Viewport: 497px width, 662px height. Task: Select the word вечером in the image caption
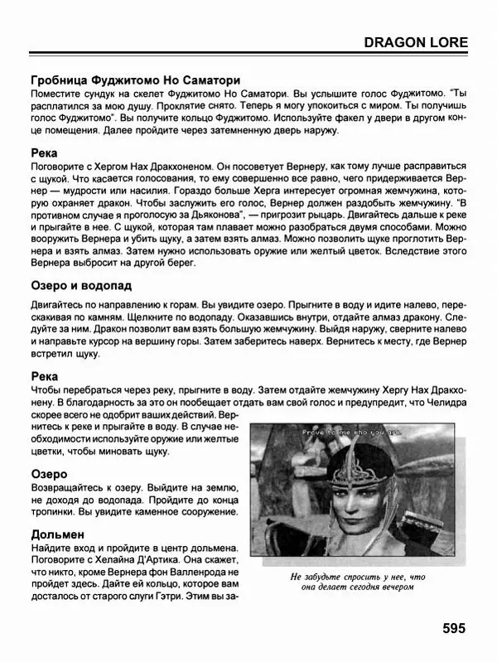pos(388,588)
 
